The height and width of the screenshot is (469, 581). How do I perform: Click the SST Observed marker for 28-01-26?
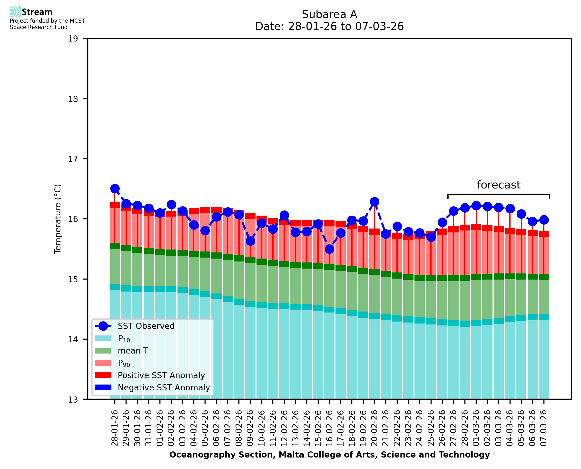pyautogui.click(x=115, y=188)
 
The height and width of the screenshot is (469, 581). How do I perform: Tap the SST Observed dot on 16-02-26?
pyautogui.click(x=329, y=249)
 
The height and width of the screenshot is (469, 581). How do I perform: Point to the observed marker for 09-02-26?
pyautogui.click(x=250, y=241)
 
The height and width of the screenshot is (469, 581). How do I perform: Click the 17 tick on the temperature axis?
pyautogui.click(x=73, y=159)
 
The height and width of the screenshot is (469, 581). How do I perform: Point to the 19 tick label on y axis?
pyautogui.click(x=73, y=39)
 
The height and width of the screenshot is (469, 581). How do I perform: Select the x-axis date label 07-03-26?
pyautogui.click(x=543, y=428)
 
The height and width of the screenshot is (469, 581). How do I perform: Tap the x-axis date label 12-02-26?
pyautogui.click(x=284, y=428)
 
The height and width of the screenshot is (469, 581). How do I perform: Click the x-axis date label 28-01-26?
pyautogui.click(x=115, y=428)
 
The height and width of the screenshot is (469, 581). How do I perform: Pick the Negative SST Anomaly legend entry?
pyautogui.click(x=164, y=387)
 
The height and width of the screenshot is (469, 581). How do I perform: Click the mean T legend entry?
pyautogui.click(x=133, y=351)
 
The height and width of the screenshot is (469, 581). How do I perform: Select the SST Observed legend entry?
pyautogui.click(x=146, y=326)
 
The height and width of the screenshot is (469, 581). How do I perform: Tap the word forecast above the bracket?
pyautogui.click(x=498, y=185)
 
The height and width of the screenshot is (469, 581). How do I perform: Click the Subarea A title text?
pyautogui.click(x=329, y=14)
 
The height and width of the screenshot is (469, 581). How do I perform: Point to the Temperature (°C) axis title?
pyautogui.click(x=58, y=219)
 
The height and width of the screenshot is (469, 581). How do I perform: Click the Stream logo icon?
pyautogui.click(x=15, y=12)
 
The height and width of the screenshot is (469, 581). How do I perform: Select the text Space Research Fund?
pyautogui.click(x=39, y=27)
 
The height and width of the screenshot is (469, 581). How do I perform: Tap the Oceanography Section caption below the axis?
pyautogui.click(x=329, y=455)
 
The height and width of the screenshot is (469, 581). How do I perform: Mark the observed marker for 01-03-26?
pyautogui.click(x=476, y=206)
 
